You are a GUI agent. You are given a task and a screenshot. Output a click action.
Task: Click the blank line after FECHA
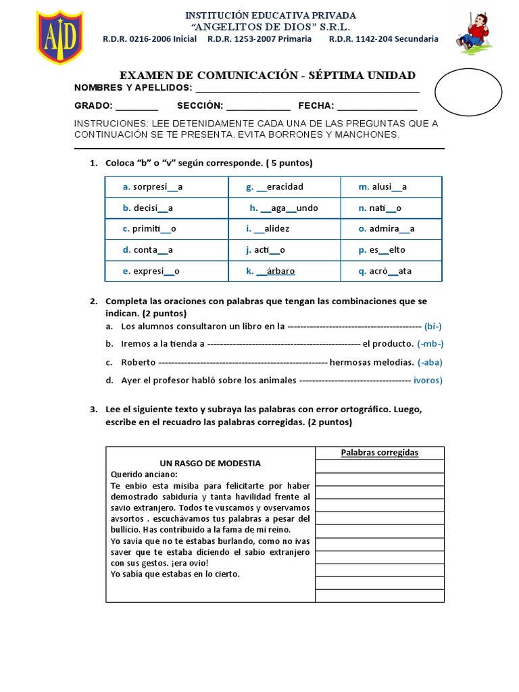pos(376,106)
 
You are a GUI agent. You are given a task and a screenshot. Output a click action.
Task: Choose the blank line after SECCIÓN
pos(258,106)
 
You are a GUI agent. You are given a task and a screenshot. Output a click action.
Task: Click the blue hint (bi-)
pos(433,326)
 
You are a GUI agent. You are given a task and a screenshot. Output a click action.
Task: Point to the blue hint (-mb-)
pos(430,344)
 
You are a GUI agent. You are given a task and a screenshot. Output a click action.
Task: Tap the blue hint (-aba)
pos(430,362)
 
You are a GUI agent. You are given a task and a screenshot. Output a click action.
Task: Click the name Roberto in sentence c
pos(139,362)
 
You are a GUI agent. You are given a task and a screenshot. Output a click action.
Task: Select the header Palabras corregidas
pos(379,453)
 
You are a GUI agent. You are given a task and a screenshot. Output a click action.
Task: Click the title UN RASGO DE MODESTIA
pos(210,464)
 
